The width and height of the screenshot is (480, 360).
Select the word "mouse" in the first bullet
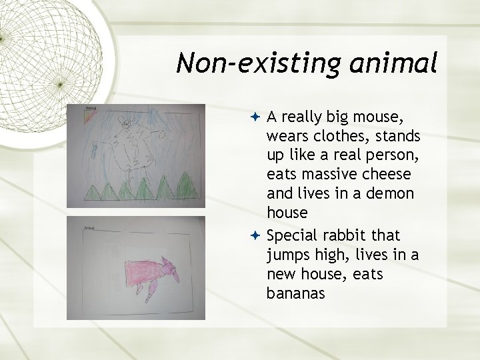381,117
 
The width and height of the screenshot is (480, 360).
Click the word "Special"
291,235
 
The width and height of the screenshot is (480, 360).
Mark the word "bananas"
295,293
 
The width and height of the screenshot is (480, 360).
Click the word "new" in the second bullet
279,273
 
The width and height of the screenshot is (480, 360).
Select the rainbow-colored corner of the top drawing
91,114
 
